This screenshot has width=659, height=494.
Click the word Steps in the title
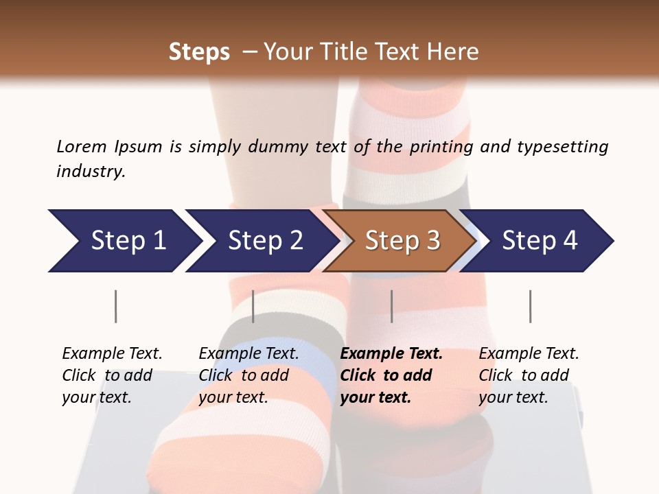point(199,52)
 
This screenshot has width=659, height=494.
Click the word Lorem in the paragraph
point(80,147)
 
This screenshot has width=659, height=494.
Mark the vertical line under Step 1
point(115,306)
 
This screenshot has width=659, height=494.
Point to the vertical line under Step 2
point(253,306)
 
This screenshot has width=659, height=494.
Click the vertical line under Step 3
point(391,306)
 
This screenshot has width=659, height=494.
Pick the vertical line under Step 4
point(530,306)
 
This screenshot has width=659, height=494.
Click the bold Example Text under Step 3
point(391,354)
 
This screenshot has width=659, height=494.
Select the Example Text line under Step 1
point(112,354)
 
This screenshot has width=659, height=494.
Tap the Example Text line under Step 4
point(529,354)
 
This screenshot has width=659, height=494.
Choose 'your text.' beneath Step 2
point(233,397)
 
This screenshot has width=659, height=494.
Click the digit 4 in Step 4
point(569,241)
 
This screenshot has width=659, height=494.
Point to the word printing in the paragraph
point(441,147)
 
